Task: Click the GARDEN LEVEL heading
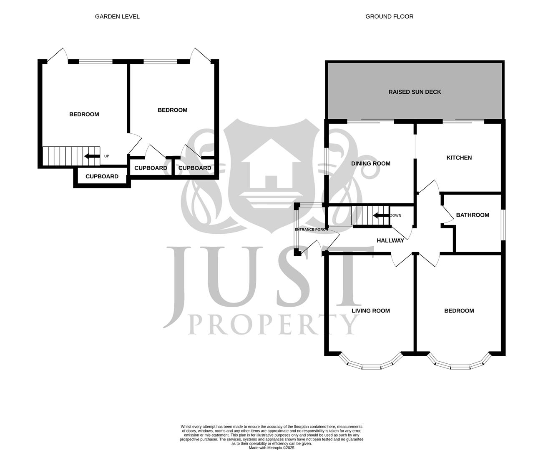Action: pyautogui.click(x=117, y=17)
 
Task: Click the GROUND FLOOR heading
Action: pyautogui.click(x=389, y=17)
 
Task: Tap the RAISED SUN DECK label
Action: pyautogui.click(x=415, y=92)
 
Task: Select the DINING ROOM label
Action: pyautogui.click(x=370, y=163)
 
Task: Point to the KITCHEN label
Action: pyautogui.click(x=459, y=157)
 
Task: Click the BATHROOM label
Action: pyautogui.click(x=472, y=215)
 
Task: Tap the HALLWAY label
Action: pyautogui.click(x=390, y=240)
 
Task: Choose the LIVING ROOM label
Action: pyautogui.click(x=370, y=310)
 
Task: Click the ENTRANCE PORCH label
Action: pyautogui.click(x=311, y=230)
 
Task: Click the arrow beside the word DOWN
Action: pyautogui.click(x=380, y=215)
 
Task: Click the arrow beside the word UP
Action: pyautogui.click(x=92, y=156)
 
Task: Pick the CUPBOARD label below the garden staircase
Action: pyautogui.click(x=102, y=176)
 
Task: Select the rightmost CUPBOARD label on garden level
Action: pyautogui.click(x=194, y=168)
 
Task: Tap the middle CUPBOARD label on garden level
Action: pyautogui.click(x=151, y=168)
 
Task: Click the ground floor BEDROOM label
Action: pyautogui.click(x=459, y=310)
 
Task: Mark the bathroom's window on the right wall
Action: pyautogui.click(x=503, y=225)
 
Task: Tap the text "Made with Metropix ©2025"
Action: pyautogui.click(x=271, y=448)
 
